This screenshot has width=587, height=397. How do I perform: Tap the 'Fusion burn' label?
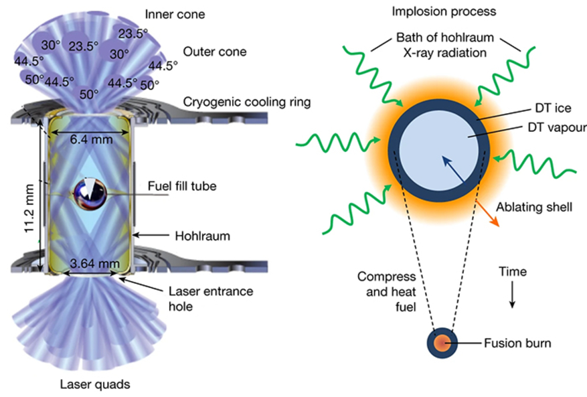click(x=517, y=343)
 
